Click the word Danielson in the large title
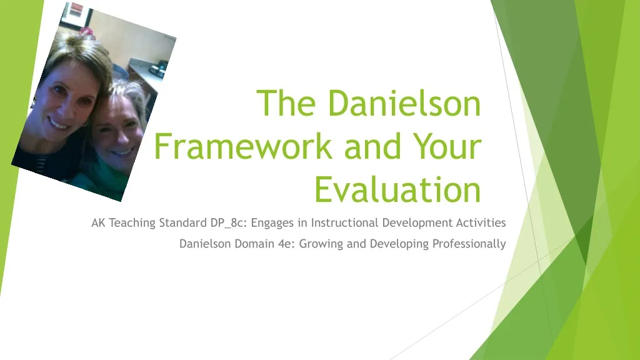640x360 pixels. pyautogui.click(x=404, y=104)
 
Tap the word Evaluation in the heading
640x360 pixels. pyautogui.click(x=397, y=189)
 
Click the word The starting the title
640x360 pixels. pyautogui.click(x=288, y=104)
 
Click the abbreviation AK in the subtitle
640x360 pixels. pyautogui.click(x=99, y=222)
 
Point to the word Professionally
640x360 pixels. pyautogui.click(x=469, y=244)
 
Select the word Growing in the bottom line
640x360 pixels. pyautogui.click(x=321, y=244)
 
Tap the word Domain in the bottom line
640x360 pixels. pyautogui.click(x=251, y=244)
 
